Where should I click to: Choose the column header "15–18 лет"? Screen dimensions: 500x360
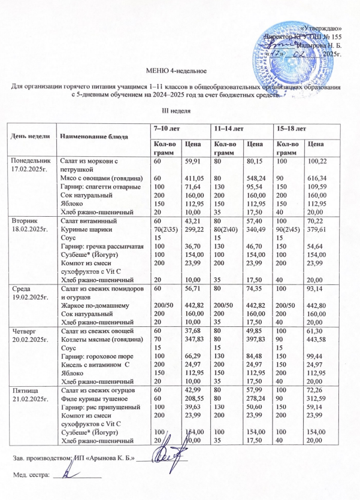tap(290, 129)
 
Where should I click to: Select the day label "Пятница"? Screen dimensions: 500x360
tap(24, 390)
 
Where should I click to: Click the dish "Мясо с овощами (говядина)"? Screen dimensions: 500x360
tap(100, 178)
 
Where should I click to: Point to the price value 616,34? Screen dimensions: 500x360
tap(317, 178)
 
